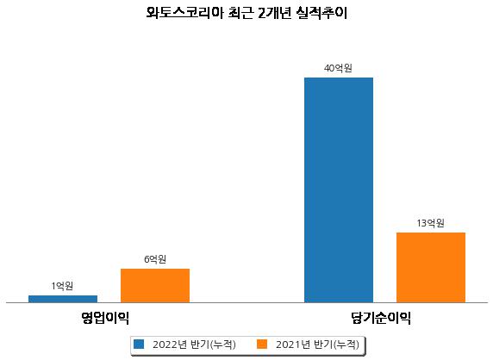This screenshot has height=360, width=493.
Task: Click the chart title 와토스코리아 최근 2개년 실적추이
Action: click(x=246, y=14)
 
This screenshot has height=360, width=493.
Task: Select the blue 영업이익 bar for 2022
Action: click(x=63, y=299)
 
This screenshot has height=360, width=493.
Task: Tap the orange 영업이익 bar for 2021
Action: click(x=155, y=286)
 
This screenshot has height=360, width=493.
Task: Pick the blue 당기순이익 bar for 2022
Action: click(x=339, y=190)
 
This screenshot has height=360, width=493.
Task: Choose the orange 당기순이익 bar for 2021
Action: click(x=431, y=268)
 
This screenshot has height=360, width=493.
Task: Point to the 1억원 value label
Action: click(x=63, y=286)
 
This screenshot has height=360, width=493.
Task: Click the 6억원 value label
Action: click(x=155, y=259)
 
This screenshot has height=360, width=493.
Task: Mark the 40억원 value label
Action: click(x=339, y=68)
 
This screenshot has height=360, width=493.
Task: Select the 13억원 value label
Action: click(x=430, y=223)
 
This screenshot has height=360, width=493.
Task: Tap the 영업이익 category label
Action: click(x=105, y=318)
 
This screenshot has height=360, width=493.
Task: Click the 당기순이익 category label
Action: click(x=381, y=318)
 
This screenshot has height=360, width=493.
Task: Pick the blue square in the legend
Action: click(x=139, y=344)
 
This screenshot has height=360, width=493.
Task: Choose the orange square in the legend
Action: click(x=262, y=344)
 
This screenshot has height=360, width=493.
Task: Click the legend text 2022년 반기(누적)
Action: click(x=194, y=344)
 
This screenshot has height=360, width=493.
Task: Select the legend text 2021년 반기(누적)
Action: click(x=317, y=344)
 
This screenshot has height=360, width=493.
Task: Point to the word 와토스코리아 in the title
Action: click(x=184, y=14)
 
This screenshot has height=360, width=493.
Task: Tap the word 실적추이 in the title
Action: click(x=321, y=14)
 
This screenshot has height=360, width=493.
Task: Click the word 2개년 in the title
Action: click(x=274, y=14)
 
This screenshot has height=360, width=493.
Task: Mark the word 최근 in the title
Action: click(x=240, y=14)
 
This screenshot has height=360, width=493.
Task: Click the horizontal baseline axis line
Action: click(x=246, y=303)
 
